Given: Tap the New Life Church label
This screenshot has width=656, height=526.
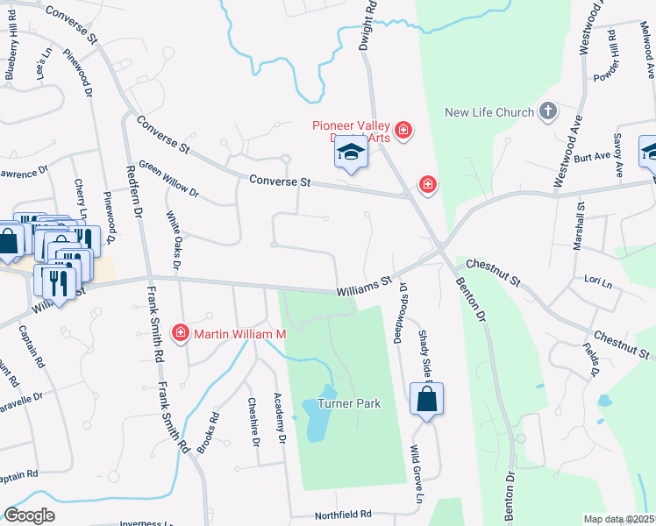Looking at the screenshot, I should (x=489, y=112).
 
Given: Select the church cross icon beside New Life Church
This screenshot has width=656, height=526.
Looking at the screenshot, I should (x=548, y=111).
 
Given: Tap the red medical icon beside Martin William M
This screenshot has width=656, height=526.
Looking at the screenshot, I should (x=181, y=333).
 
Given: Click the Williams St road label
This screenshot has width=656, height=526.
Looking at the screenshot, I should (x=364, y=286).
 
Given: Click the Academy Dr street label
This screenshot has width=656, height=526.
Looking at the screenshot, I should (x=281, y=418).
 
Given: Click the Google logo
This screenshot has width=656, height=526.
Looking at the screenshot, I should (x=30, y=515).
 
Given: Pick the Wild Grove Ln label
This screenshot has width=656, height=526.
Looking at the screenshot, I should (x=412, y=473).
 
